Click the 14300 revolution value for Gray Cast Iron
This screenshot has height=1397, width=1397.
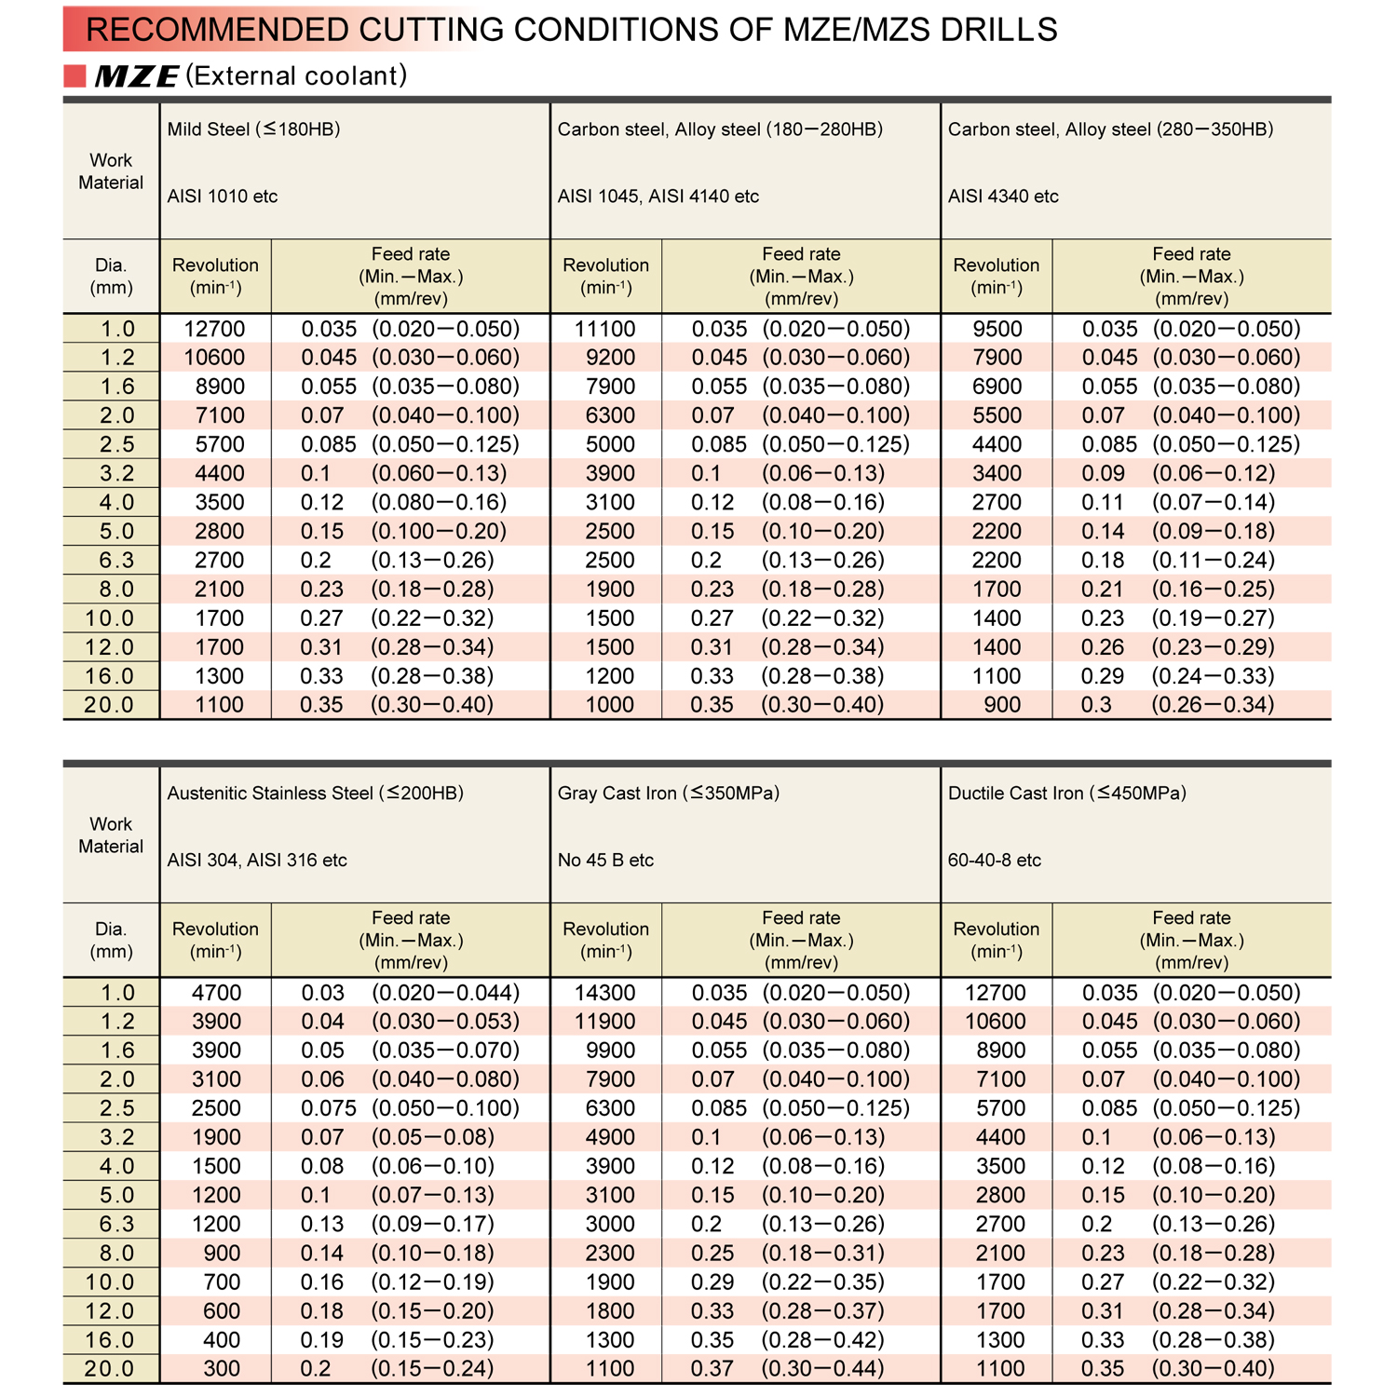tap(604, 993)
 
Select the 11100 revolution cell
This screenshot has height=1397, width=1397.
tap(604, 329)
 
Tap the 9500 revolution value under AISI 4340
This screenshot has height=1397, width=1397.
tap(997, 329)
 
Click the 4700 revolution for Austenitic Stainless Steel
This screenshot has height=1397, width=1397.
tap(216, 993)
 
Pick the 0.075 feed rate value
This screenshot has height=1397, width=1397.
tap(328, 1108)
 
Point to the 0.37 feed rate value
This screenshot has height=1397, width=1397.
tap(712, 1369)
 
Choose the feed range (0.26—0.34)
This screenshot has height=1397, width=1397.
tap(1213, 705)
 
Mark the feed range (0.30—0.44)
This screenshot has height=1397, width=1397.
tap(822, 1369)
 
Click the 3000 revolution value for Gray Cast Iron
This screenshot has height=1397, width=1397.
tap(610, 1224)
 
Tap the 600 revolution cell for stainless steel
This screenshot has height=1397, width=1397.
tap(222, 1311)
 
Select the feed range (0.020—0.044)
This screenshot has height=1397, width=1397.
tap(445, 993)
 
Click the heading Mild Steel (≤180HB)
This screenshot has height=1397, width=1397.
tap(253, 129)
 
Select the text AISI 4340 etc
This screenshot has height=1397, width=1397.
tap(1003, 197)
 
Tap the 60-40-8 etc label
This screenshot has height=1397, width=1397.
tap(994, 861)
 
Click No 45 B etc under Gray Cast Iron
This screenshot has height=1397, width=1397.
tap(605, 861)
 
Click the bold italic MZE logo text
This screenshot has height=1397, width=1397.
tap(136, 76)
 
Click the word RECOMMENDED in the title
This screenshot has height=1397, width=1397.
tap(216, 30)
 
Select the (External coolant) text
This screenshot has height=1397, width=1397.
tap(296, 75)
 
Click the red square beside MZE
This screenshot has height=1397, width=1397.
tap(75, 75)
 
